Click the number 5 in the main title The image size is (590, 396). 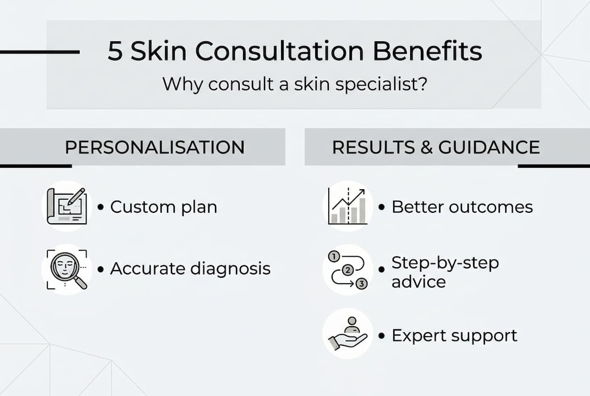click(x=115, y=52)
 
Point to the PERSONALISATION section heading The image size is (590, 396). click(x=155, y=147)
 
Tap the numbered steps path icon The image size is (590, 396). click(x=348, y=269)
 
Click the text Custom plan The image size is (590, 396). click(x=163, y=207)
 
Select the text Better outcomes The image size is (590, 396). click(x=462, y=207)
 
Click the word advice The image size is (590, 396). click(x=418, y=282)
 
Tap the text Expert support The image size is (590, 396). click(x=454, y=335)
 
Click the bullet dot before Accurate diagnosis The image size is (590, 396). click(x=101, y=269)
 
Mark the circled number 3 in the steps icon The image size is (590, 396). click(x=361, y=284)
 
